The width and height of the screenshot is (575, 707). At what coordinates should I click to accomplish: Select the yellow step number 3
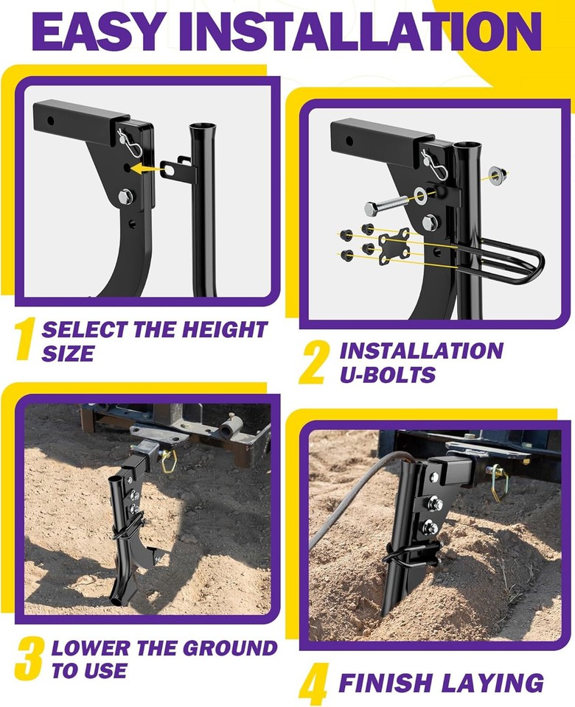[28, 659]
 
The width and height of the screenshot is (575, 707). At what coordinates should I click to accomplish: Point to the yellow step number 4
[313, 684]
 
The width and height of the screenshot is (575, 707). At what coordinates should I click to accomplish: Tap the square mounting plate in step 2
[394, 245]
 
